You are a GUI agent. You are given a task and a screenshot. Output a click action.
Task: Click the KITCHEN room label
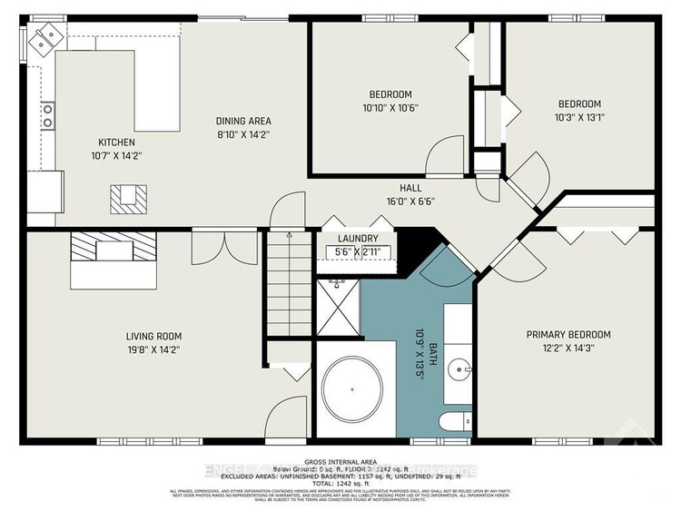coord(116,142)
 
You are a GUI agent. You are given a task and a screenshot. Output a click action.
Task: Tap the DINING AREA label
coord(242,121)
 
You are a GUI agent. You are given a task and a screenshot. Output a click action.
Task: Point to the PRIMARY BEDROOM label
coord(568,335)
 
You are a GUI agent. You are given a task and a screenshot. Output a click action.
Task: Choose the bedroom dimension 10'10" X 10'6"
coord(390,108)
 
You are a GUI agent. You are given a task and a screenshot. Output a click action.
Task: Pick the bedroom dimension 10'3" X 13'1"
coord(579,116)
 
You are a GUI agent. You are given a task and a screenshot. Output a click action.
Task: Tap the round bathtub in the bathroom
coord(356,388)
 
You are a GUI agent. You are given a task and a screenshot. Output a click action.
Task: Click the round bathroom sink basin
coord(461,369)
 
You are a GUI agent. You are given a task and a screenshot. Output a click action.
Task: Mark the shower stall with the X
coord(338,309)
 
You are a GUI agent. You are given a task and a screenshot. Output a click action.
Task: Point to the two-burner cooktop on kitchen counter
coord(46,115)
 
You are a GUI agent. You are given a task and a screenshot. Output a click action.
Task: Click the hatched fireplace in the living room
coord(114,246)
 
